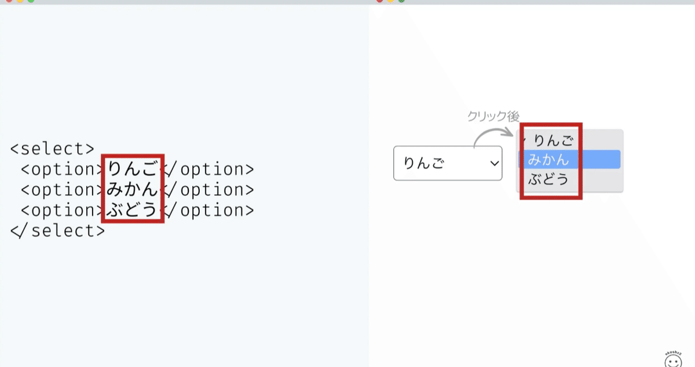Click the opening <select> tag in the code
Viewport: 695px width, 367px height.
(52, 149)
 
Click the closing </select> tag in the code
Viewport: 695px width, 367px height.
(58, 231)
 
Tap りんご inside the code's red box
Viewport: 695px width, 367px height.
(133, 169)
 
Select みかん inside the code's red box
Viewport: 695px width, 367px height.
(133, 189)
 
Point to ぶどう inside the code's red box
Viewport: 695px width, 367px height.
(133, 210)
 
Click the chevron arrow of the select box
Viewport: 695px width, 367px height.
(494, 164)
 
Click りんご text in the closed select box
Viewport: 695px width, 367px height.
(424, 164)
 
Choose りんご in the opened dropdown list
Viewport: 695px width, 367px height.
(553, 140)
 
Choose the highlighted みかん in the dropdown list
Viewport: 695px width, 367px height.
(548, 160)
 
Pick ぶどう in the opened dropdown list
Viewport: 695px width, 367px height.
(548, 179)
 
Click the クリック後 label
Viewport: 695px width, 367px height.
(493, 116)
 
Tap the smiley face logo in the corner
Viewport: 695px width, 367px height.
(672, 359)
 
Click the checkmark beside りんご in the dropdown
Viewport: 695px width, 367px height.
(525, 140)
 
